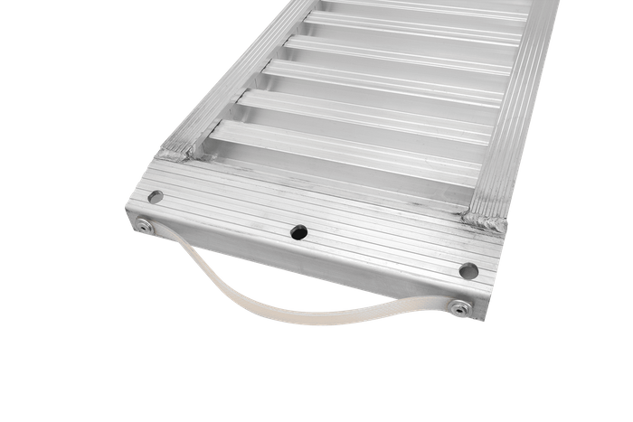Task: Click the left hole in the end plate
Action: [x=156, y=195]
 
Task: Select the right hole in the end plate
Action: [x=468, y=269]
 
